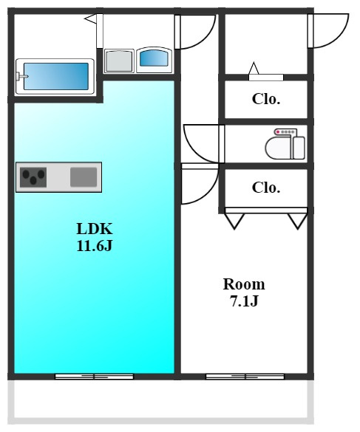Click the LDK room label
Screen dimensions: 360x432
(x=95, y=228)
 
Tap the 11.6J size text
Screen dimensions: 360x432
(x=95, y=245)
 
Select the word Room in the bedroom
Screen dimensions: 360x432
(x=244, y=284)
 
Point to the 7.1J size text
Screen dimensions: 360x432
(x=244, y=301)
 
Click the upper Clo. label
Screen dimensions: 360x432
(x=266, y=99)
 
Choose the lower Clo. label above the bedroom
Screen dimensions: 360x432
(x=266, y=188)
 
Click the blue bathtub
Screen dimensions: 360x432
(x=56, y=76)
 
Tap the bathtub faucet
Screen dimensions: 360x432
(x=21, y=76)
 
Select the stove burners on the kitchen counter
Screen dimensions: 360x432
(x=33, y=177)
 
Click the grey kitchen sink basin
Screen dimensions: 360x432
(x=84, y=177)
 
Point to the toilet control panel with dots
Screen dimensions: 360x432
(x=285, y=132)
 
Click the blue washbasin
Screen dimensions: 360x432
(x=154, y=58)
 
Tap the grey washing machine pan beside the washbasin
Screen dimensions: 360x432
(x=119, y=61)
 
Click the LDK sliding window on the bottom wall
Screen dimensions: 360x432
(x=95, y=377)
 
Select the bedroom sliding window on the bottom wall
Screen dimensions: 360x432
(x=245, y=377)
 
